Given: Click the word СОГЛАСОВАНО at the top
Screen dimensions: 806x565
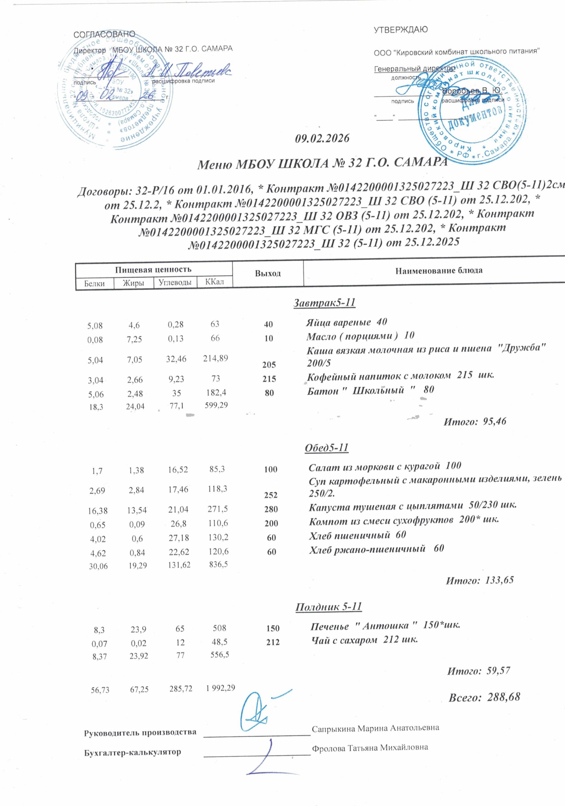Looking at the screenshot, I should coord(104,34).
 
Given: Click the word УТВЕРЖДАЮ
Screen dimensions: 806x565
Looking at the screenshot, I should coord(400,30).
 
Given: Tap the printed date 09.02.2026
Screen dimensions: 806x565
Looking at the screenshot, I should coord(322,138).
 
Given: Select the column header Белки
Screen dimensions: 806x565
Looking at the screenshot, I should coord(94,283).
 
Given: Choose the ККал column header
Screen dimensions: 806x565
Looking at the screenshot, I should coord(214,282).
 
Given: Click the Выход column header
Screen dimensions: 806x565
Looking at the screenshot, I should coord(268,274).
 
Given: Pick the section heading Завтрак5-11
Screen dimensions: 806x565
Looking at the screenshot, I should coord(324,303).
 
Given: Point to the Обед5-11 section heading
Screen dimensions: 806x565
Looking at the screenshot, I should coord(326,448).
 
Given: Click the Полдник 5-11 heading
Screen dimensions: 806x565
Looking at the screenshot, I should coord(329,607).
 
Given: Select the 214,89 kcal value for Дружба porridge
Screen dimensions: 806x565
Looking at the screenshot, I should coord(216,358).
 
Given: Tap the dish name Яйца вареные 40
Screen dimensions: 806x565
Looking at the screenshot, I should coord(346,322).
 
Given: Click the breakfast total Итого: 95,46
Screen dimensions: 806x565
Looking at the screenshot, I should coord(475,421).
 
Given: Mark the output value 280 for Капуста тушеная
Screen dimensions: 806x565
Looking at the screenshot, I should coord(272,509).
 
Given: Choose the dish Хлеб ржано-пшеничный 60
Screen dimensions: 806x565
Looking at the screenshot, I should coord(376,548).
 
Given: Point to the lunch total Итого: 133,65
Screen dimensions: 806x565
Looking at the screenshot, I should coord(479,580).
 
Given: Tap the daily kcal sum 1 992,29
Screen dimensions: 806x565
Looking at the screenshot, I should coord(221,688).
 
